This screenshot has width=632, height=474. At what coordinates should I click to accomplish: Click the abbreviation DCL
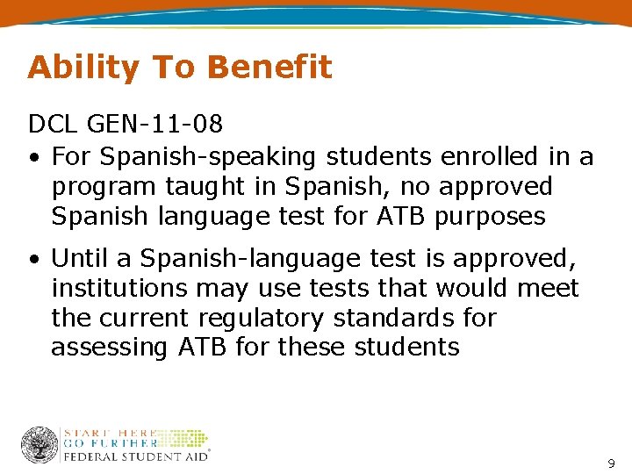[x=52, y=127]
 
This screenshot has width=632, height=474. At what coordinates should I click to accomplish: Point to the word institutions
[x=122, y=288]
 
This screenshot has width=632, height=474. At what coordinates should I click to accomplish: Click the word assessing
[x=109, y=348]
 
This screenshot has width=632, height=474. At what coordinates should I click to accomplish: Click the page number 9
[x=611, y=462]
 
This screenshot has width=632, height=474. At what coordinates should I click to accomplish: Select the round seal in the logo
[x=39, y=445]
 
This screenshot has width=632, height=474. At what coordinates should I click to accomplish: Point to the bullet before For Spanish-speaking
[x=32, y=158]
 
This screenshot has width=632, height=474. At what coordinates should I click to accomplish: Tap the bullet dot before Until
[x=32, y=260]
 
